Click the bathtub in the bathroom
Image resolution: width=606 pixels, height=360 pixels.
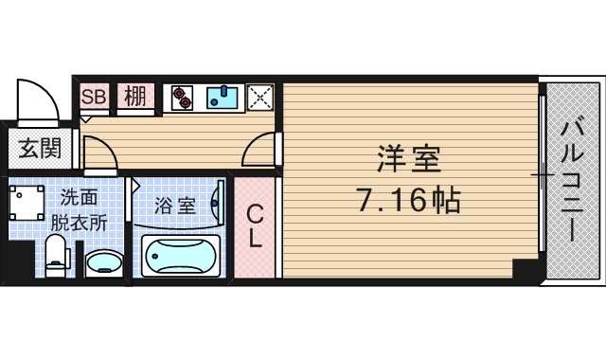[180, 256]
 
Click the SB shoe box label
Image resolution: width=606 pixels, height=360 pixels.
[93, 97]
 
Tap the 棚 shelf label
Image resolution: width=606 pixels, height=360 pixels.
[134, 97]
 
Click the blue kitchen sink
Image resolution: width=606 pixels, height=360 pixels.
[223, 98]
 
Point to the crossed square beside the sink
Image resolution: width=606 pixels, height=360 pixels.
[259, 98]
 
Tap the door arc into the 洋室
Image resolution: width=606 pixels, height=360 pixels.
[262, 152]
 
